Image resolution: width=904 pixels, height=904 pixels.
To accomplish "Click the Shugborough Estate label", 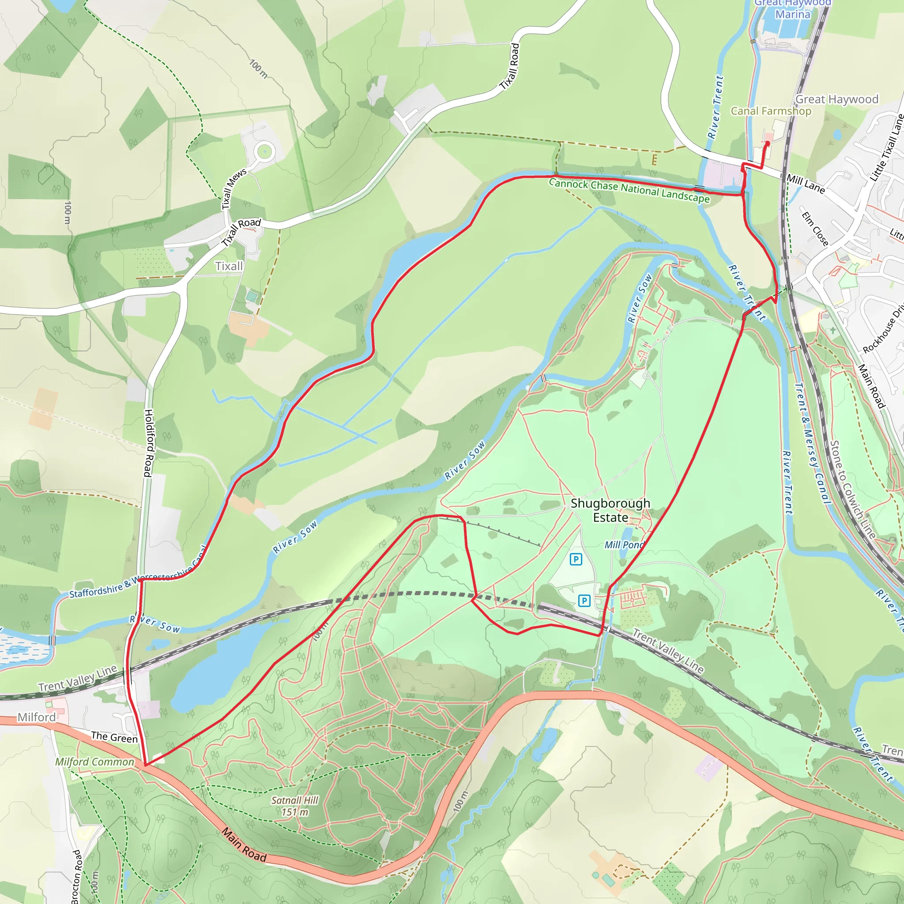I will (x=610, y=510).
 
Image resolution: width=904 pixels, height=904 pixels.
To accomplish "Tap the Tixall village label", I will (x=229, y=266).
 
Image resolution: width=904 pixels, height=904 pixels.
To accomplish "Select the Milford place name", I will (x=37, y=717).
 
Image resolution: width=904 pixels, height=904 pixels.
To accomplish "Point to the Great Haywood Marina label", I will (x=793, y=8).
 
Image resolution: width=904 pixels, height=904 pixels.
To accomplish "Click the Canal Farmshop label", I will (x=771, y=111).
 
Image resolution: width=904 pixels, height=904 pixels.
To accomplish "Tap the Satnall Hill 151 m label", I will (x=295, y=806).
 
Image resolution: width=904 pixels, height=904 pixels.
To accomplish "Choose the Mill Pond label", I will (x=624, y=545).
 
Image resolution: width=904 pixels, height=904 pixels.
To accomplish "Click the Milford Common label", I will (x=94, y=762).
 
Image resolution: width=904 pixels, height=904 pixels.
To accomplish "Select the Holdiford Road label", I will (x=148, y=443).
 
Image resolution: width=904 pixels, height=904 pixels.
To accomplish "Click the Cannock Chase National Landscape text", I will (x=629, y=190).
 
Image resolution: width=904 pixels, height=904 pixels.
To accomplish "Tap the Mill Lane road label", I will (x=805, y=184).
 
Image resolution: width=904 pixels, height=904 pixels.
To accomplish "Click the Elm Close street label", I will (x=815, y=229).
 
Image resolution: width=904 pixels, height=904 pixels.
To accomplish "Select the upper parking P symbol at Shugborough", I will (x=576, y=559).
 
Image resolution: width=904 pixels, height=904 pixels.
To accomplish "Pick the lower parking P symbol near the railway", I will (x=584, y=600).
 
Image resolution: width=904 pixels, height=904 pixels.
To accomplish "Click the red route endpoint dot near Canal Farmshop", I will (x=767, y=143).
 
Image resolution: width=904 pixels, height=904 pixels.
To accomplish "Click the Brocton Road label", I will (x=76, y=876).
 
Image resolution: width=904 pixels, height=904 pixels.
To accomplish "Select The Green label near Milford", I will (x=114, y=737).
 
